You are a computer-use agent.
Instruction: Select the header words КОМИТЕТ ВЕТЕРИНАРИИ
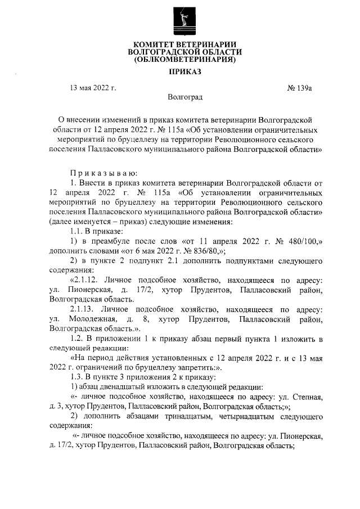(181, 44)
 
